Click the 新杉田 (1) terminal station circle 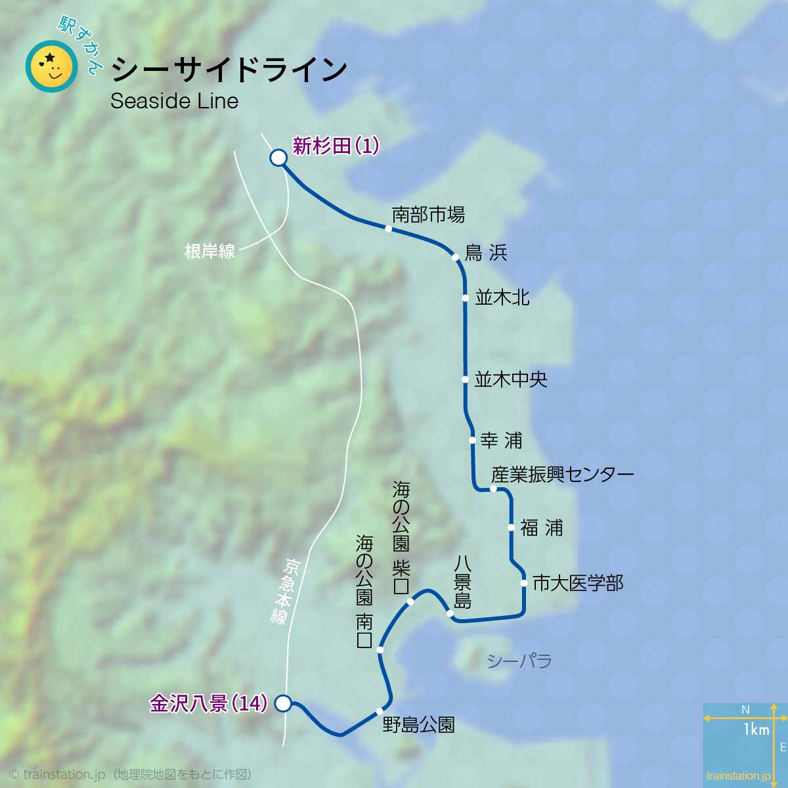pyautogui.click(x=278, y=158)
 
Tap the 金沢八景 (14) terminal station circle pyautogui.click(x=283, y=703)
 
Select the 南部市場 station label pyautogui.click(x=428, y=214)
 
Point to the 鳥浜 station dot pyautogui.click(x=455, y=257)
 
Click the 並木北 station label pyautogui.click(x=502, y=297)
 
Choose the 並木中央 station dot pyautogui.click(x=465, y=380)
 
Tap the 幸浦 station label pyautogui.click(x=501, y=440)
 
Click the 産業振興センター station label pyautogui.click(x=563, y=474)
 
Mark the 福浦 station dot pyautogui.click(x=511, y=527)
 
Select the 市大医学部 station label pyautogui.click(x=578, y=582)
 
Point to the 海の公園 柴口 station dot pyautogui.click(x=410, y=602)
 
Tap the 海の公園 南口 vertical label pyautogui.click(x=364, y=591)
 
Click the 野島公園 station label pyautogui.click(x=419, y=725)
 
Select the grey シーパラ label pyautogui.click(x=519, y=661)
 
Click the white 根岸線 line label pyautogui.click(x=210, y=251)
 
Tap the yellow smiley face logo pyautogui.click(x=51, y=66)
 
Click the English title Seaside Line pyautogui.click(x=174, y=100)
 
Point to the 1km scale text pyautogui.click(x=756, y=730)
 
